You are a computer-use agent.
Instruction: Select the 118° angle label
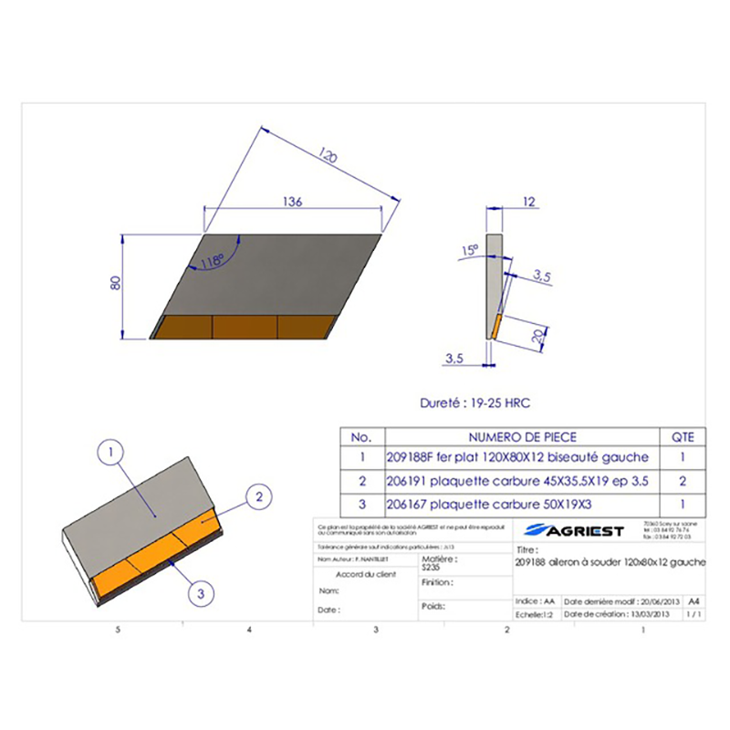[x=213, y=261]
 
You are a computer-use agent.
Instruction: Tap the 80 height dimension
[x=116, y=284]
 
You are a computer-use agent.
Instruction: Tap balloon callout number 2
[x=259, y=497]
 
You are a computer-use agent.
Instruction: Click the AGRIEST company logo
[x=575, y=531]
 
